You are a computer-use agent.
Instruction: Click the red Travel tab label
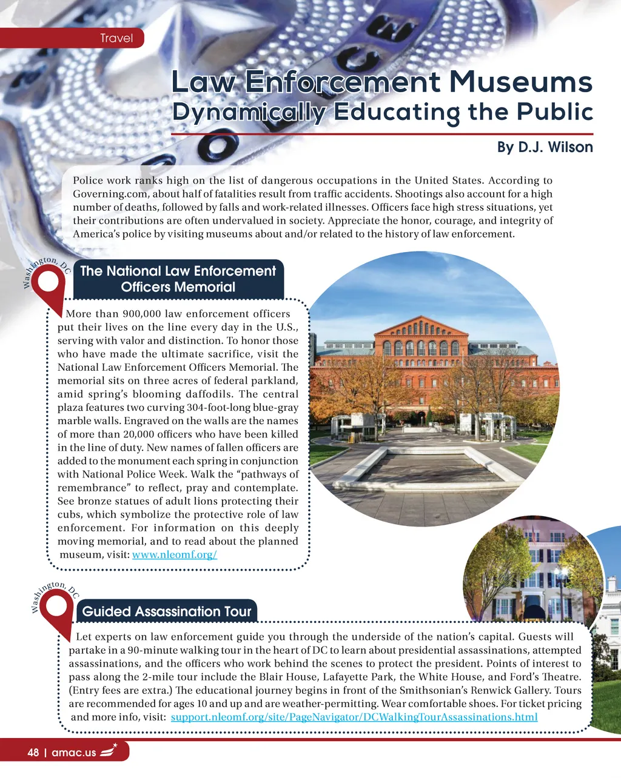(x=116, y=38)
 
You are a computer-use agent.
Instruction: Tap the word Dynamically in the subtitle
(x=249, y=112)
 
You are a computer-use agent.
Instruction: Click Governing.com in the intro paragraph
(x=111, y=194)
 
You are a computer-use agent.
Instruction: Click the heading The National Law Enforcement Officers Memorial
(x=178, y=279)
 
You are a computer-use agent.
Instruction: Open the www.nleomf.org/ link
(x=174, y=554)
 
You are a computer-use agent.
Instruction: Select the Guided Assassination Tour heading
(x=166, y=611)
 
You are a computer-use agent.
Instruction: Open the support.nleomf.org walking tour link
(x=354, y=717)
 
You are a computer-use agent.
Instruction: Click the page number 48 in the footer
(x=33, y=753)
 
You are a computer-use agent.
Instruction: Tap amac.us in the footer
(x=74, y=753)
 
